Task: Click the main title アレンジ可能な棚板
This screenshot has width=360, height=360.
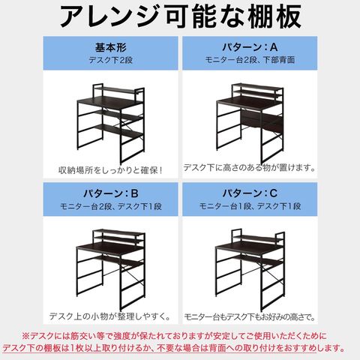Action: pos(180,16)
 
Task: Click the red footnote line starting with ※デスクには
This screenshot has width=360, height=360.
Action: pos(180,335)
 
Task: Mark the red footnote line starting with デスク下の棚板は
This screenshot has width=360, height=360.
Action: pos(180,348)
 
